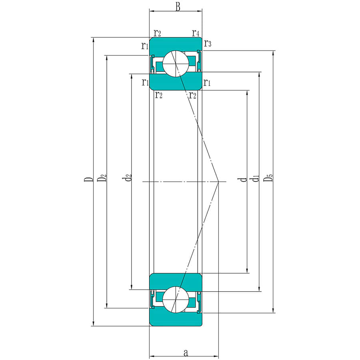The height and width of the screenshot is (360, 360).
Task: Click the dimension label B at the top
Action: pos(178,7)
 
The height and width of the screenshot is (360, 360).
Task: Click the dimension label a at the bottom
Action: pos(186,353)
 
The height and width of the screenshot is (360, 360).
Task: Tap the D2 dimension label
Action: pos(102,178)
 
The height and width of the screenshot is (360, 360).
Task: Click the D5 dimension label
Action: pos(268,178)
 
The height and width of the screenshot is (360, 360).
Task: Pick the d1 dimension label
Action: pos(256,178)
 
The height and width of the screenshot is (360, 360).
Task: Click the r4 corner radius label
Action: pos(196,33)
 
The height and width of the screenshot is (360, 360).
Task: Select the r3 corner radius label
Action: pos(208,43)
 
